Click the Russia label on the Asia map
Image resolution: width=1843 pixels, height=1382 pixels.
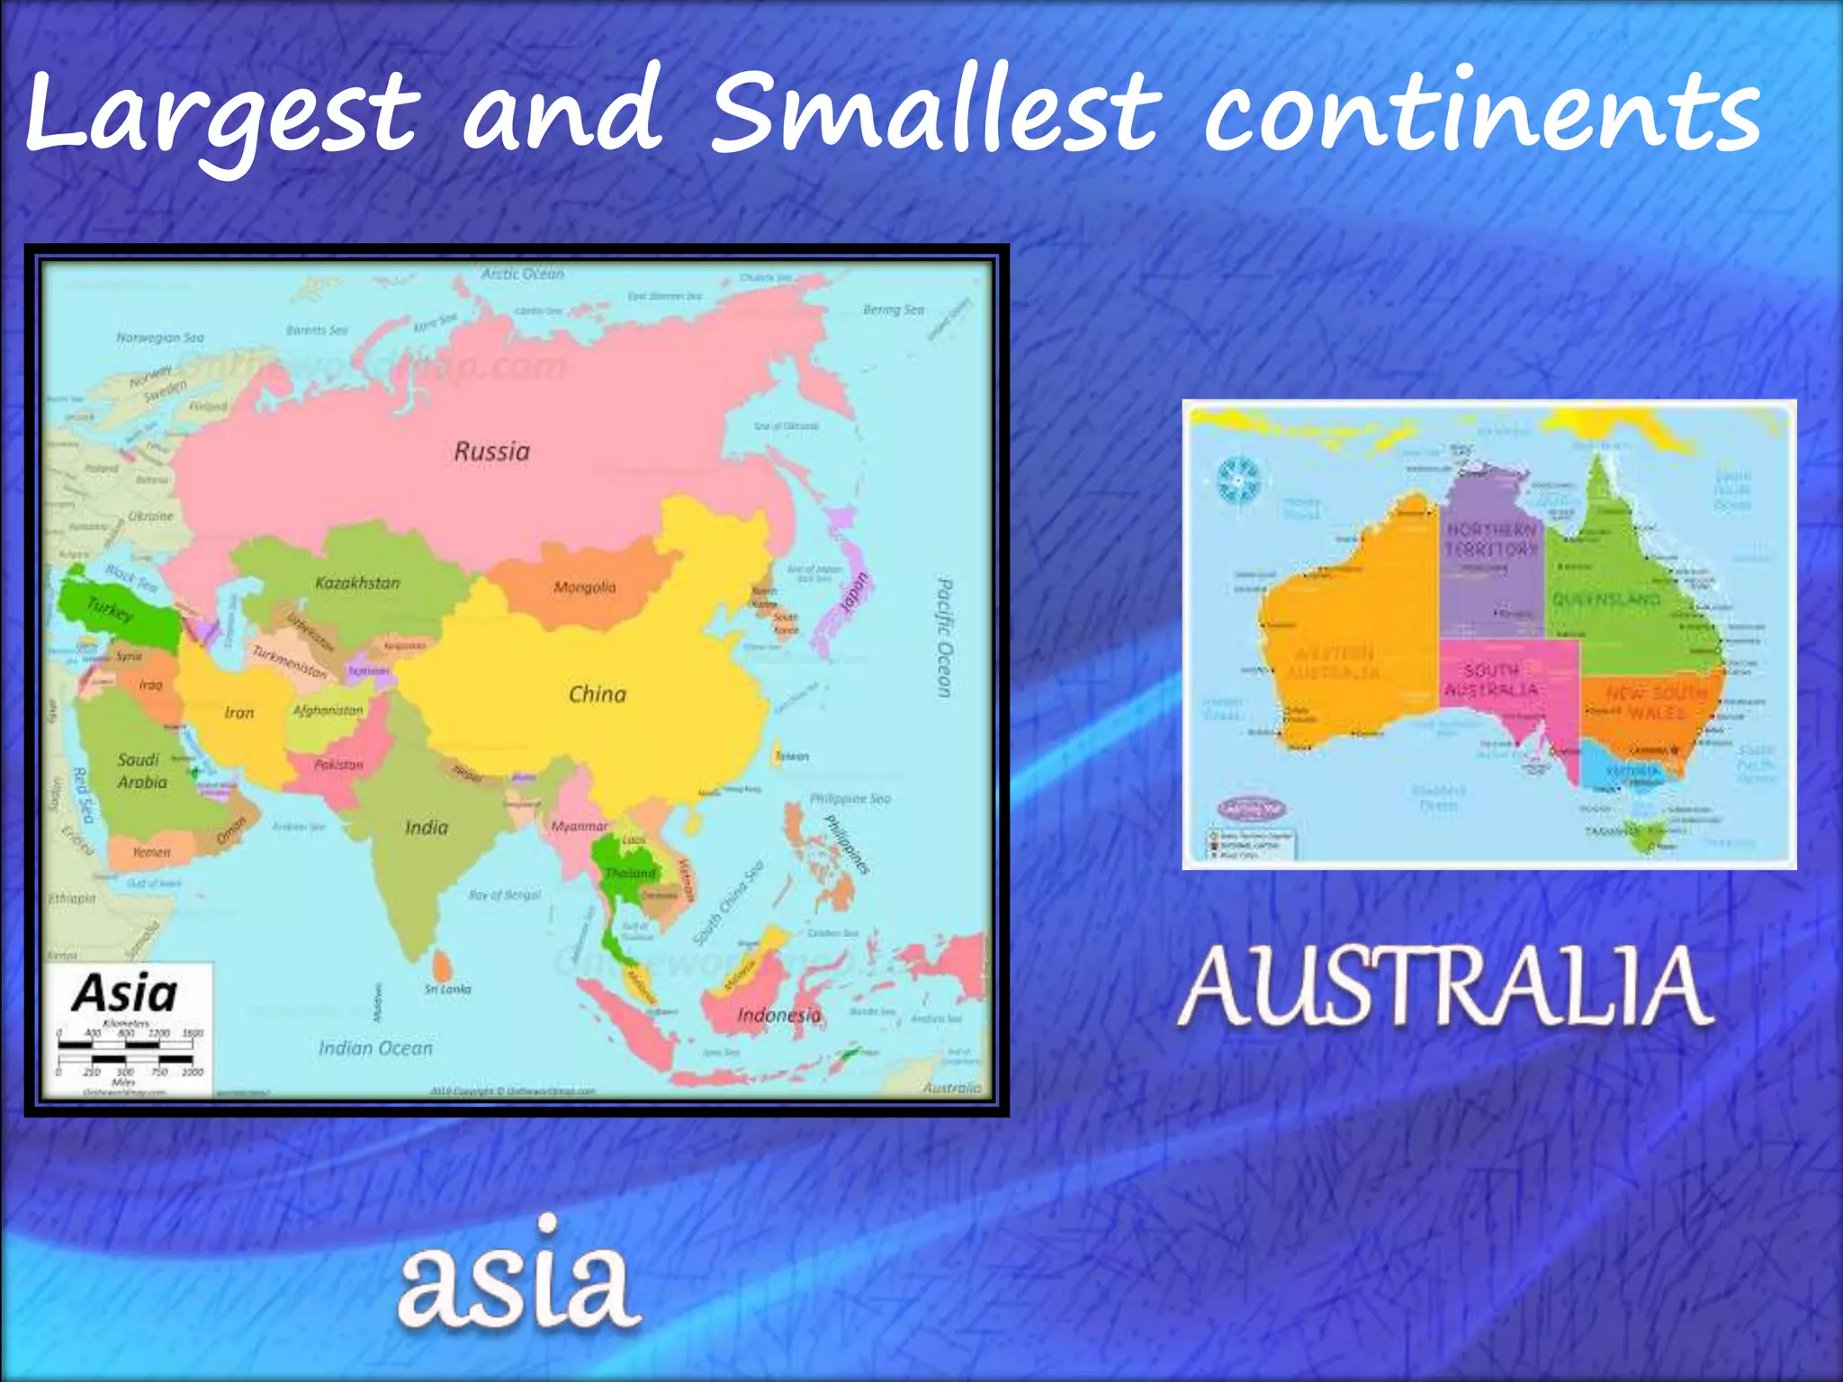click(x=491, y=451)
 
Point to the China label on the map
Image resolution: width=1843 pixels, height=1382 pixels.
click(x=598, y=694)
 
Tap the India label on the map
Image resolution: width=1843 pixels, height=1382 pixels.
click(x=426, y=827)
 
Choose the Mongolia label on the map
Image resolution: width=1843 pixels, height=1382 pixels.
click(x=585, y=588)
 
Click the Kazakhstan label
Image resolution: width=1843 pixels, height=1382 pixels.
click(x=357, y=582)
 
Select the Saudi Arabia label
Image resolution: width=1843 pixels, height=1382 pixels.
click(x=141, y=771)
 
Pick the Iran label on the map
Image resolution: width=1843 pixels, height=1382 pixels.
click(x=238, y=713)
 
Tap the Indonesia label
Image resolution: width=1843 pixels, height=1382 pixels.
click(x=778, y=1015)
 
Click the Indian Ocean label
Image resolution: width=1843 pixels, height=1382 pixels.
click(x=375, y=1048)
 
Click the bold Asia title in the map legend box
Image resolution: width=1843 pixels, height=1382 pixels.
click(x=125, y=993)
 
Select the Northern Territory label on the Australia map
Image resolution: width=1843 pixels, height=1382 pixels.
click(x=1491, y=538)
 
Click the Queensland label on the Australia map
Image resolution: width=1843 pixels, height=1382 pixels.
click(x=1606, y=599)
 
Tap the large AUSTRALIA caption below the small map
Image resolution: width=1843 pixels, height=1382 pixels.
click(x=1444, y=988)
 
